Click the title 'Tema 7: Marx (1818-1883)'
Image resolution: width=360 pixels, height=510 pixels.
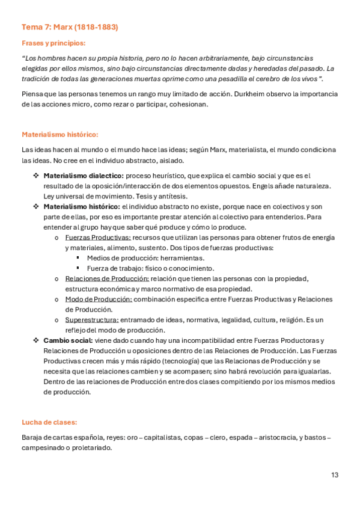[x=70, y=27]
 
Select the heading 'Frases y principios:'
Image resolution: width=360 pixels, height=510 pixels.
[x=53, y=43]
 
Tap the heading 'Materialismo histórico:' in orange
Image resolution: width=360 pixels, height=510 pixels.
[x=59, y=134]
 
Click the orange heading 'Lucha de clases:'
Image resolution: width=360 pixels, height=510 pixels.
[x=49, y=423]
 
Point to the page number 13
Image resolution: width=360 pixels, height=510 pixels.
[x=335, y=475]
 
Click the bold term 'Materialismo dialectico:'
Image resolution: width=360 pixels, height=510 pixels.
[x=84, y=175]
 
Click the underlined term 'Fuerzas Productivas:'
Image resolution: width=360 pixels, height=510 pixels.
[x=98, y=238]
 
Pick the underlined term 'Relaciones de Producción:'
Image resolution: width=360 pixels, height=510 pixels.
[x=106, y=278]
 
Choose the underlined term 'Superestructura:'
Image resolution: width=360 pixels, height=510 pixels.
[x=91, y=319]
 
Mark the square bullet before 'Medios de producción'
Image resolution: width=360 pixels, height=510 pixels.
[x=78, y=258]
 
